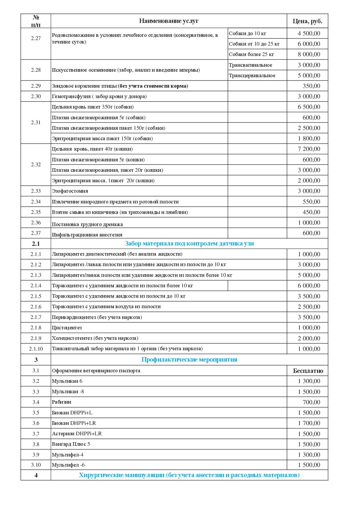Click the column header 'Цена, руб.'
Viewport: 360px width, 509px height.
307,21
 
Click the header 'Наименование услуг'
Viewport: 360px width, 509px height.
169,21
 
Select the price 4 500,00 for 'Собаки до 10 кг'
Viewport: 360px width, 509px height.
309,33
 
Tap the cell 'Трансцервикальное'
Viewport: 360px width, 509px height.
252,75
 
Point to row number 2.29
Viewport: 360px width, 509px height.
36,86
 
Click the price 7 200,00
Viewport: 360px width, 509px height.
309,149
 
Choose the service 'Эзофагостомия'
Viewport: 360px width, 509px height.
70,191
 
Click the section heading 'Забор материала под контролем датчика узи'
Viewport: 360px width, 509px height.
189,243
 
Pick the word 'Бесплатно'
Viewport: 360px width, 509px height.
308,371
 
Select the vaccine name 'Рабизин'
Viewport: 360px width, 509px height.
62,402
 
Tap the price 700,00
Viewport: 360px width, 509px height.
311,402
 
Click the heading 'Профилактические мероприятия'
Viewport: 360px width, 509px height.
189,360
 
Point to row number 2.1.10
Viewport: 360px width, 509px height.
36,349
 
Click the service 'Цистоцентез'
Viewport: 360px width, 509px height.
67,328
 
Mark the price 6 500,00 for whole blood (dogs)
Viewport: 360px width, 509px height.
309,107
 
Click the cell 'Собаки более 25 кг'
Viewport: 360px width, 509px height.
251,54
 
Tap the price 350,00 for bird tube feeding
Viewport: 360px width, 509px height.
311,86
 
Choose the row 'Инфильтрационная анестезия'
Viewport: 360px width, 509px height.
87,234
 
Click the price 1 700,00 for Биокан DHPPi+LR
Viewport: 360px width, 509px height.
309,423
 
